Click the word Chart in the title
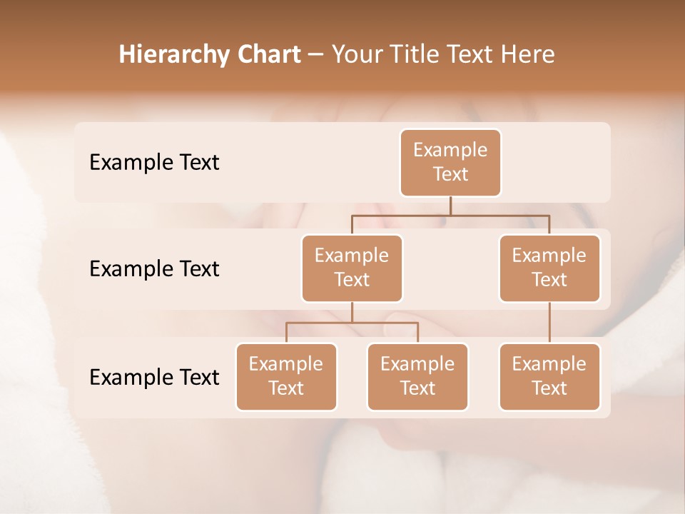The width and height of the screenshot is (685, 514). click(x=268, y=54)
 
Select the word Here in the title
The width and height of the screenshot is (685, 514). click(x=528, y=54)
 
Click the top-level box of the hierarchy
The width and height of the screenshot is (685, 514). click(x=450, y=163)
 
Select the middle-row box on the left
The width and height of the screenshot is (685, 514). click(x=352, y=268)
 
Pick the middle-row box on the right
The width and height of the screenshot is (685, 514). click(x=549, y=268)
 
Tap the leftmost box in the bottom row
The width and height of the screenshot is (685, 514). click(x=286, y=376)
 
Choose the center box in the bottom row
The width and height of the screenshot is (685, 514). click(x=417, y=376)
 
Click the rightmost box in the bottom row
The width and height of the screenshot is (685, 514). click(x=549, y=376)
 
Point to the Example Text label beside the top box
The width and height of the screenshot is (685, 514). click(x=154, y=163)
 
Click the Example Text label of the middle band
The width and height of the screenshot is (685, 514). click(x=154, y=269)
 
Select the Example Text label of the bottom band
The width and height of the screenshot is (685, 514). click(x=154, y=378)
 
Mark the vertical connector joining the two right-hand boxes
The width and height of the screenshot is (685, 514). click(x=549, y=323)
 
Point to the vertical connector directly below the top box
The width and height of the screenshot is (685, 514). click(x=450, y=206)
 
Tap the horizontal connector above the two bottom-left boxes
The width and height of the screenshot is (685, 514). click(x=352, y=323)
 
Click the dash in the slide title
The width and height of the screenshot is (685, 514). click(x=315, y=55)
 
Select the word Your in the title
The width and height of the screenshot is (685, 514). click(x=356, y=54)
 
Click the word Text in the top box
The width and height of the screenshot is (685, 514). click(x=450, y=175)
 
